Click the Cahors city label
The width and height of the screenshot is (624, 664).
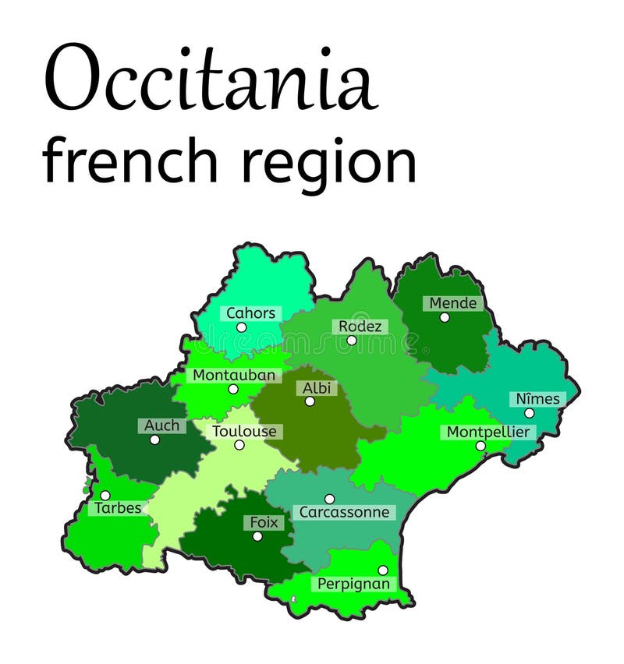click(250, 313)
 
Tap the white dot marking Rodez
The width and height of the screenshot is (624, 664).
click(351, 341)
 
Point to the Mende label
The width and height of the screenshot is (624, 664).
click(452, 303)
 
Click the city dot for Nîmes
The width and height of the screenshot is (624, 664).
click(529, 413)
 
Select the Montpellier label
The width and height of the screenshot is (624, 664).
click(487, 432)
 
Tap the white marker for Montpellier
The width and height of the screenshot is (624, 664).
click(480, 446)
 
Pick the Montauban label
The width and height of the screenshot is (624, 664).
click(234, 375)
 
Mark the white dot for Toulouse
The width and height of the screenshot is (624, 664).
click(239, 445)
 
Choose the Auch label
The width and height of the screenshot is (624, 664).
click(161, 426)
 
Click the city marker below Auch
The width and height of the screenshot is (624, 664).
click(154, 440)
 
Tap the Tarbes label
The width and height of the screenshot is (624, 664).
click(119, 508)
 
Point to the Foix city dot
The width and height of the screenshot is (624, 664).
click(257, 536)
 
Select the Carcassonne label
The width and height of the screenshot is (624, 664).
click(344, 512)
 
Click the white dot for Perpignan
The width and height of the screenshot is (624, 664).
click(382, 570)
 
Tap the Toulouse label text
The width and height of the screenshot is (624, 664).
click(244, 431)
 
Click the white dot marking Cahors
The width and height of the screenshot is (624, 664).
click(241, 327)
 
